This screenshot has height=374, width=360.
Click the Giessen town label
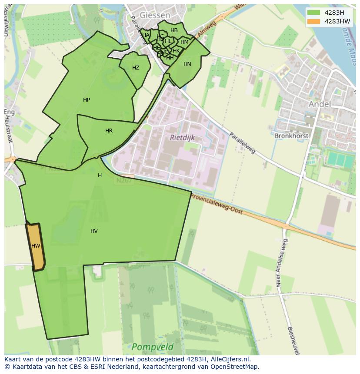tap(155, 14)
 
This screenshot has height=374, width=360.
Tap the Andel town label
tap(319, 104)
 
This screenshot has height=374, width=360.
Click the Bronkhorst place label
tap(291, 136)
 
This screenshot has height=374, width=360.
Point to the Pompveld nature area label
tap(152, 347)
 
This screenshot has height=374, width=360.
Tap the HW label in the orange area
tap(36, 246)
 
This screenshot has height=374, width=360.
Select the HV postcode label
tap(94, 231)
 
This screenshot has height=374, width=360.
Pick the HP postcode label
tap(87, 100)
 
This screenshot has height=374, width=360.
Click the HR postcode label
tap(109, 131)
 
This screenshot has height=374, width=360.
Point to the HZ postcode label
tap(136, 68)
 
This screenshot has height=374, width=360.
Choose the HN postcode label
tap(187, 64)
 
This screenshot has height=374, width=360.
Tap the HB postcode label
tap(174, 30)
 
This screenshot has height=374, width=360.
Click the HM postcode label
tap(184, 42)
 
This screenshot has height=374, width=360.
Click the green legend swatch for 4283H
tap(313, 13)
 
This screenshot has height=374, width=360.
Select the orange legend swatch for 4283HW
tap(313, 21)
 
